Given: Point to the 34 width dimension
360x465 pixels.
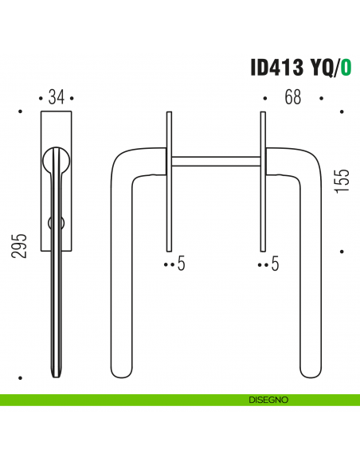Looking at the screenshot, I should point(56,97).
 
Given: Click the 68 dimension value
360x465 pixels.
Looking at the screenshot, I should point(292,97).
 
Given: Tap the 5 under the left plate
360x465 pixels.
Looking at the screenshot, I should point(181,264).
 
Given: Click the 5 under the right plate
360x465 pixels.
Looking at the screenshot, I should point(275,264).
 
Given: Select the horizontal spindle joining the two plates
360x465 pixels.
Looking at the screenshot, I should point(214,162).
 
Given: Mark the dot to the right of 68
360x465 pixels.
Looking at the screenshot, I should point(322,99).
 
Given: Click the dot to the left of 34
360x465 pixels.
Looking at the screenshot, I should point(40,99).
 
